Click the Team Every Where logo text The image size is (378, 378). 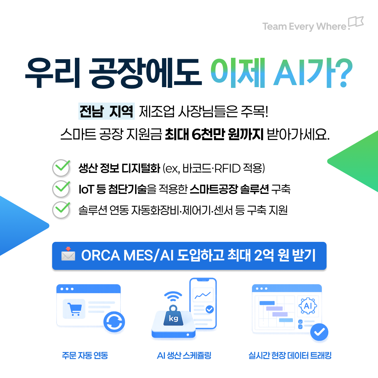304,27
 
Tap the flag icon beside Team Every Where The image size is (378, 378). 356,22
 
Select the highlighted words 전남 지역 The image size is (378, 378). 106,111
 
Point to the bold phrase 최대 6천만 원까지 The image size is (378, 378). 214,134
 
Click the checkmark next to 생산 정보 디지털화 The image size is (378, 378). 62,167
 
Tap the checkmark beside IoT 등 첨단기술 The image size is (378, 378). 62,189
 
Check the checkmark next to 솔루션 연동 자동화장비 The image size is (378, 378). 62,210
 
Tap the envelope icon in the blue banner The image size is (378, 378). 68,254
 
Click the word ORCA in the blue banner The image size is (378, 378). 100,255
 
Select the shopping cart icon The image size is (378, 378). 74,309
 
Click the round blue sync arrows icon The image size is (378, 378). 114,322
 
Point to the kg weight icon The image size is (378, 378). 173,316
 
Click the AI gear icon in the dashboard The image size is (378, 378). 308,306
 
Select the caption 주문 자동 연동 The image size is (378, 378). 85,355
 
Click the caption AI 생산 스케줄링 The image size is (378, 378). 184,355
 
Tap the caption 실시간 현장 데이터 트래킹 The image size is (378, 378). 290,355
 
